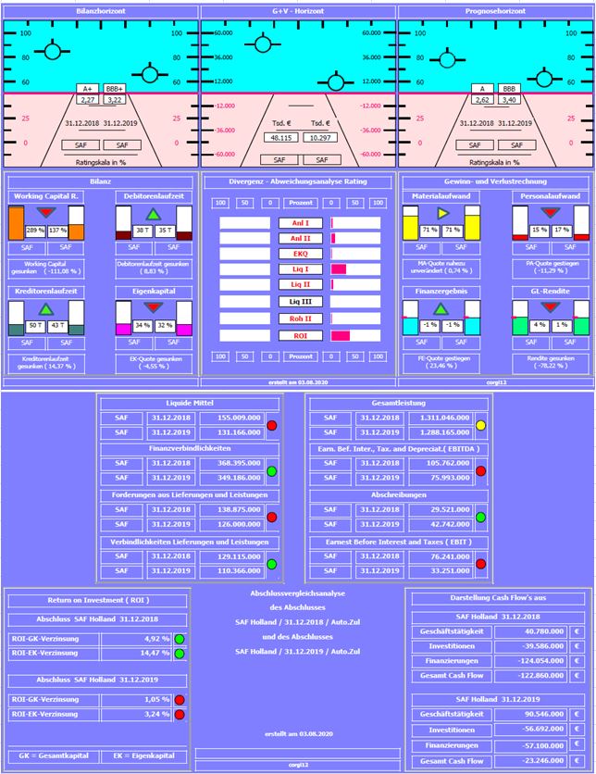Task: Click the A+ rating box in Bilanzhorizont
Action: click(x=88, y=88)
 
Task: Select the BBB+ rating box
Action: click(x=114, y=88)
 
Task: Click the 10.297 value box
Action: click(x=320, y=137)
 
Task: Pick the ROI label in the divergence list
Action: click(x=300, y=335)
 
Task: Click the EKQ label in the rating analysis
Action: click(x=300, y=253)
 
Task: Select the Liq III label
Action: click(x=300, y=301)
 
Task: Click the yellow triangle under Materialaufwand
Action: click(x=442, y=214)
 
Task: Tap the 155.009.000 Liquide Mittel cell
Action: click(x=222, y=418)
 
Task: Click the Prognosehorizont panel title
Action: click(x=495, y=10)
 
